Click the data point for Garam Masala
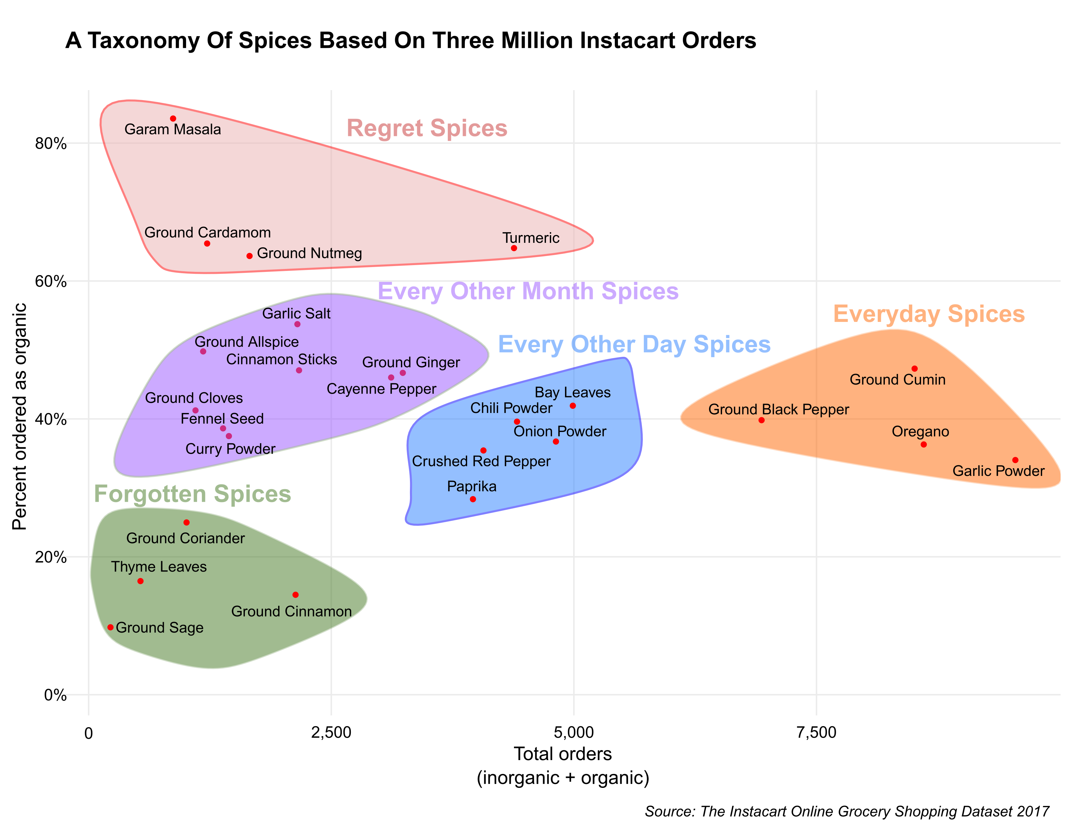tap(173, 119)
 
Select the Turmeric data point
tap(514, 248)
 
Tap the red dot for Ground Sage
tap(110, 627)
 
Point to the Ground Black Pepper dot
tap(761, 420)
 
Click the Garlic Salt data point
tap(297, 325)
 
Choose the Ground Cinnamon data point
tap(295, 595)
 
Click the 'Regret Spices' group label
tap(427, 129)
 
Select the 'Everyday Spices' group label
tap(929, 314)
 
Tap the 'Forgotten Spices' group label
tap(192, 494)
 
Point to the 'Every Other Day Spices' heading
tap(634, 345)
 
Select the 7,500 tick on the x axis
tap(816, 733)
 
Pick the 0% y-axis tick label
tap(55, 695)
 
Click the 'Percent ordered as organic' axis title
tap(20, 417)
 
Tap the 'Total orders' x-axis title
tap(562, 754)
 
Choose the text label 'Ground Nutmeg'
tap(309, 254)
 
